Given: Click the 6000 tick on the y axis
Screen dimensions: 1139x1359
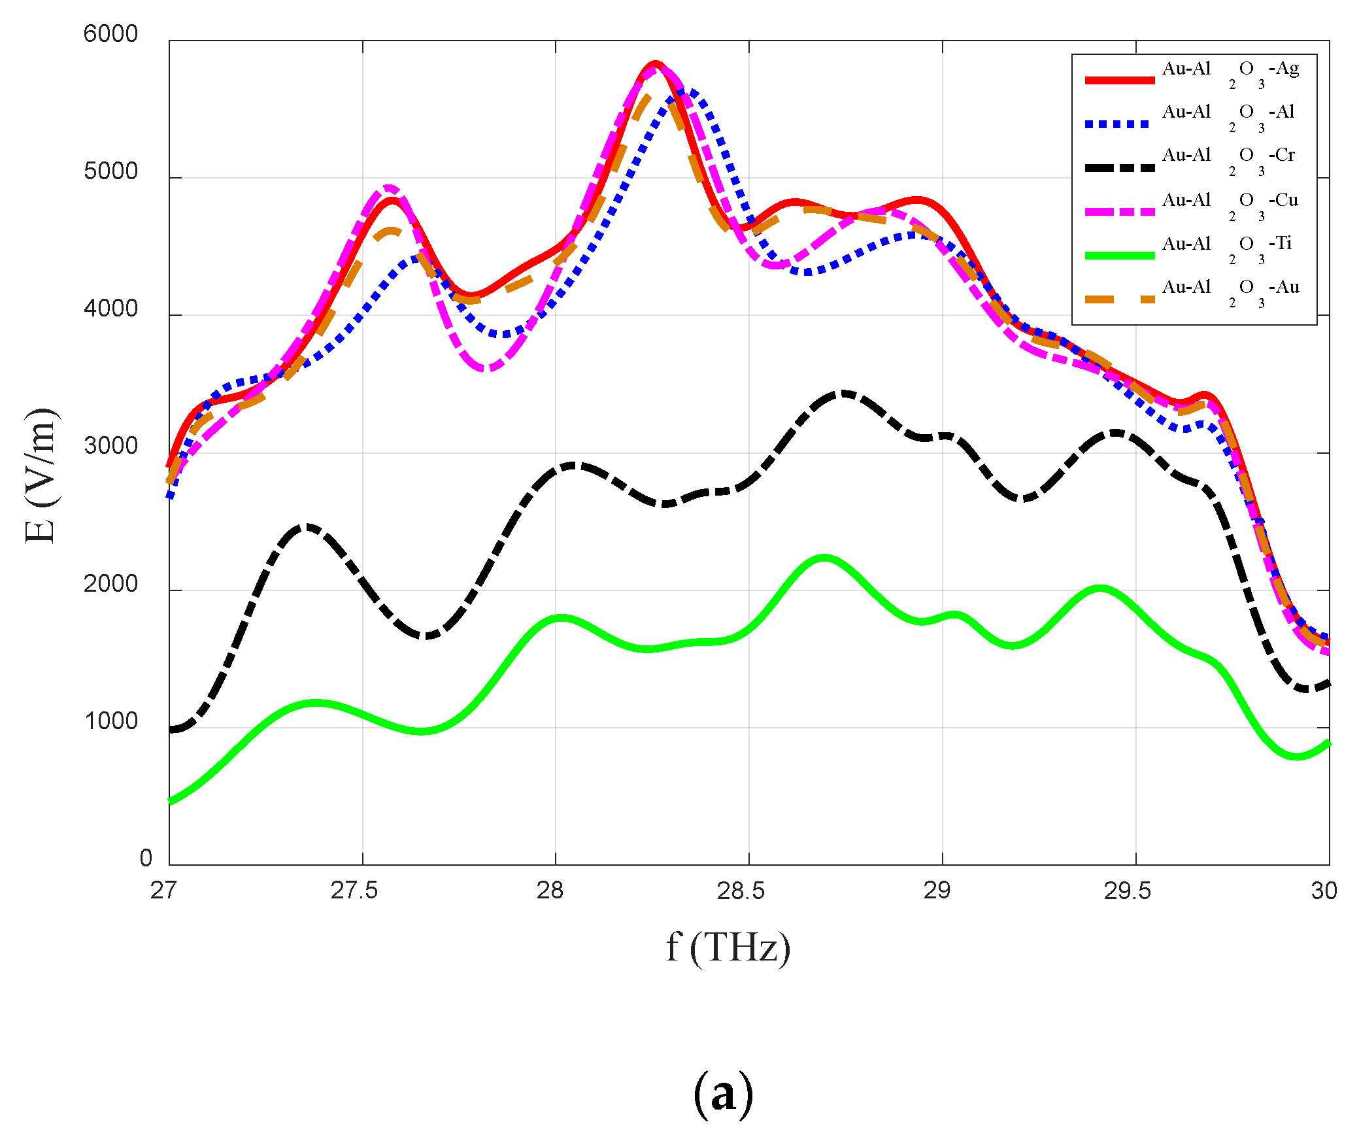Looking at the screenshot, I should click(x=110, y=34).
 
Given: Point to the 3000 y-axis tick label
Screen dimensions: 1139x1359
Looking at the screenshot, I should click(x=110, y=447).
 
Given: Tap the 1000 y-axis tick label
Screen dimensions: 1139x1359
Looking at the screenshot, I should click(x=110, y=721).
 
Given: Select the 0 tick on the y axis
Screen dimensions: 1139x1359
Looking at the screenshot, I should click(x=146, y=858).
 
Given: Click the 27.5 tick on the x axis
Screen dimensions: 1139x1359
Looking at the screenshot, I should click(x=354, y=891).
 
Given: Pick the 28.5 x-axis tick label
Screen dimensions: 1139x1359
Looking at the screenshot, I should click(x=740, y=891).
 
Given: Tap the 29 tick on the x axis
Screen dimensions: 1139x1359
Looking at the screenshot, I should click(x=936, y=891).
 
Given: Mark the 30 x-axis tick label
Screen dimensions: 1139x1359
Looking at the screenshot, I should click(x=1324, y=891).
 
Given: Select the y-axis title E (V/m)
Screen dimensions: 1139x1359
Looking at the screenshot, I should click(x=41, y=475).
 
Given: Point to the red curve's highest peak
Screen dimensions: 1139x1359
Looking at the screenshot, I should click(x=656, y=63).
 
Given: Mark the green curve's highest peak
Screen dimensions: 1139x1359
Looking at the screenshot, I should click(x=824, y=558).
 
